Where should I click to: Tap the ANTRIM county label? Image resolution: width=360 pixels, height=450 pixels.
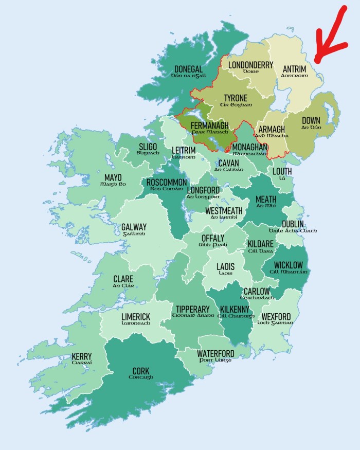point(294,68)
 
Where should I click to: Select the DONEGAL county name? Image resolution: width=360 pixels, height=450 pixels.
point(188,69)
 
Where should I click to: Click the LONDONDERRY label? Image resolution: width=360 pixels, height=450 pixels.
point(250,65)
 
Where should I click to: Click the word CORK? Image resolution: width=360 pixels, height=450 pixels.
point(141,371)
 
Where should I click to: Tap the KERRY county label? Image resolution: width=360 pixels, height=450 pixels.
point(82,356)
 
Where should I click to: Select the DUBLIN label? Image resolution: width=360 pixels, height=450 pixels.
point(292,224)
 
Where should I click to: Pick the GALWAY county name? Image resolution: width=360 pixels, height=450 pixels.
point(134,227)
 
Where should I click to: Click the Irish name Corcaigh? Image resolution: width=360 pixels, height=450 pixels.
point(141,377)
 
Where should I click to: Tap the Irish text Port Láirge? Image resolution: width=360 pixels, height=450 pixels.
point(215,361)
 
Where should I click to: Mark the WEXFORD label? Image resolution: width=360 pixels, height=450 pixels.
point(276,316)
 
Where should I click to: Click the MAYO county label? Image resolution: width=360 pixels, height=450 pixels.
point(113,177)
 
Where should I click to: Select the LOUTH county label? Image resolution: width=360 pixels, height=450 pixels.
point(282,171)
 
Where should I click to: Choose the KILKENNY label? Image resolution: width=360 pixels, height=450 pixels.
point(235,309)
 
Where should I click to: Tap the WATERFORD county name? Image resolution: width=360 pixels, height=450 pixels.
point(215,354)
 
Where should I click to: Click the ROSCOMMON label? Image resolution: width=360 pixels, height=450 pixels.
point(167,183)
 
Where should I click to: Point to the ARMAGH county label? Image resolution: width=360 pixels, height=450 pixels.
point(271,129)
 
